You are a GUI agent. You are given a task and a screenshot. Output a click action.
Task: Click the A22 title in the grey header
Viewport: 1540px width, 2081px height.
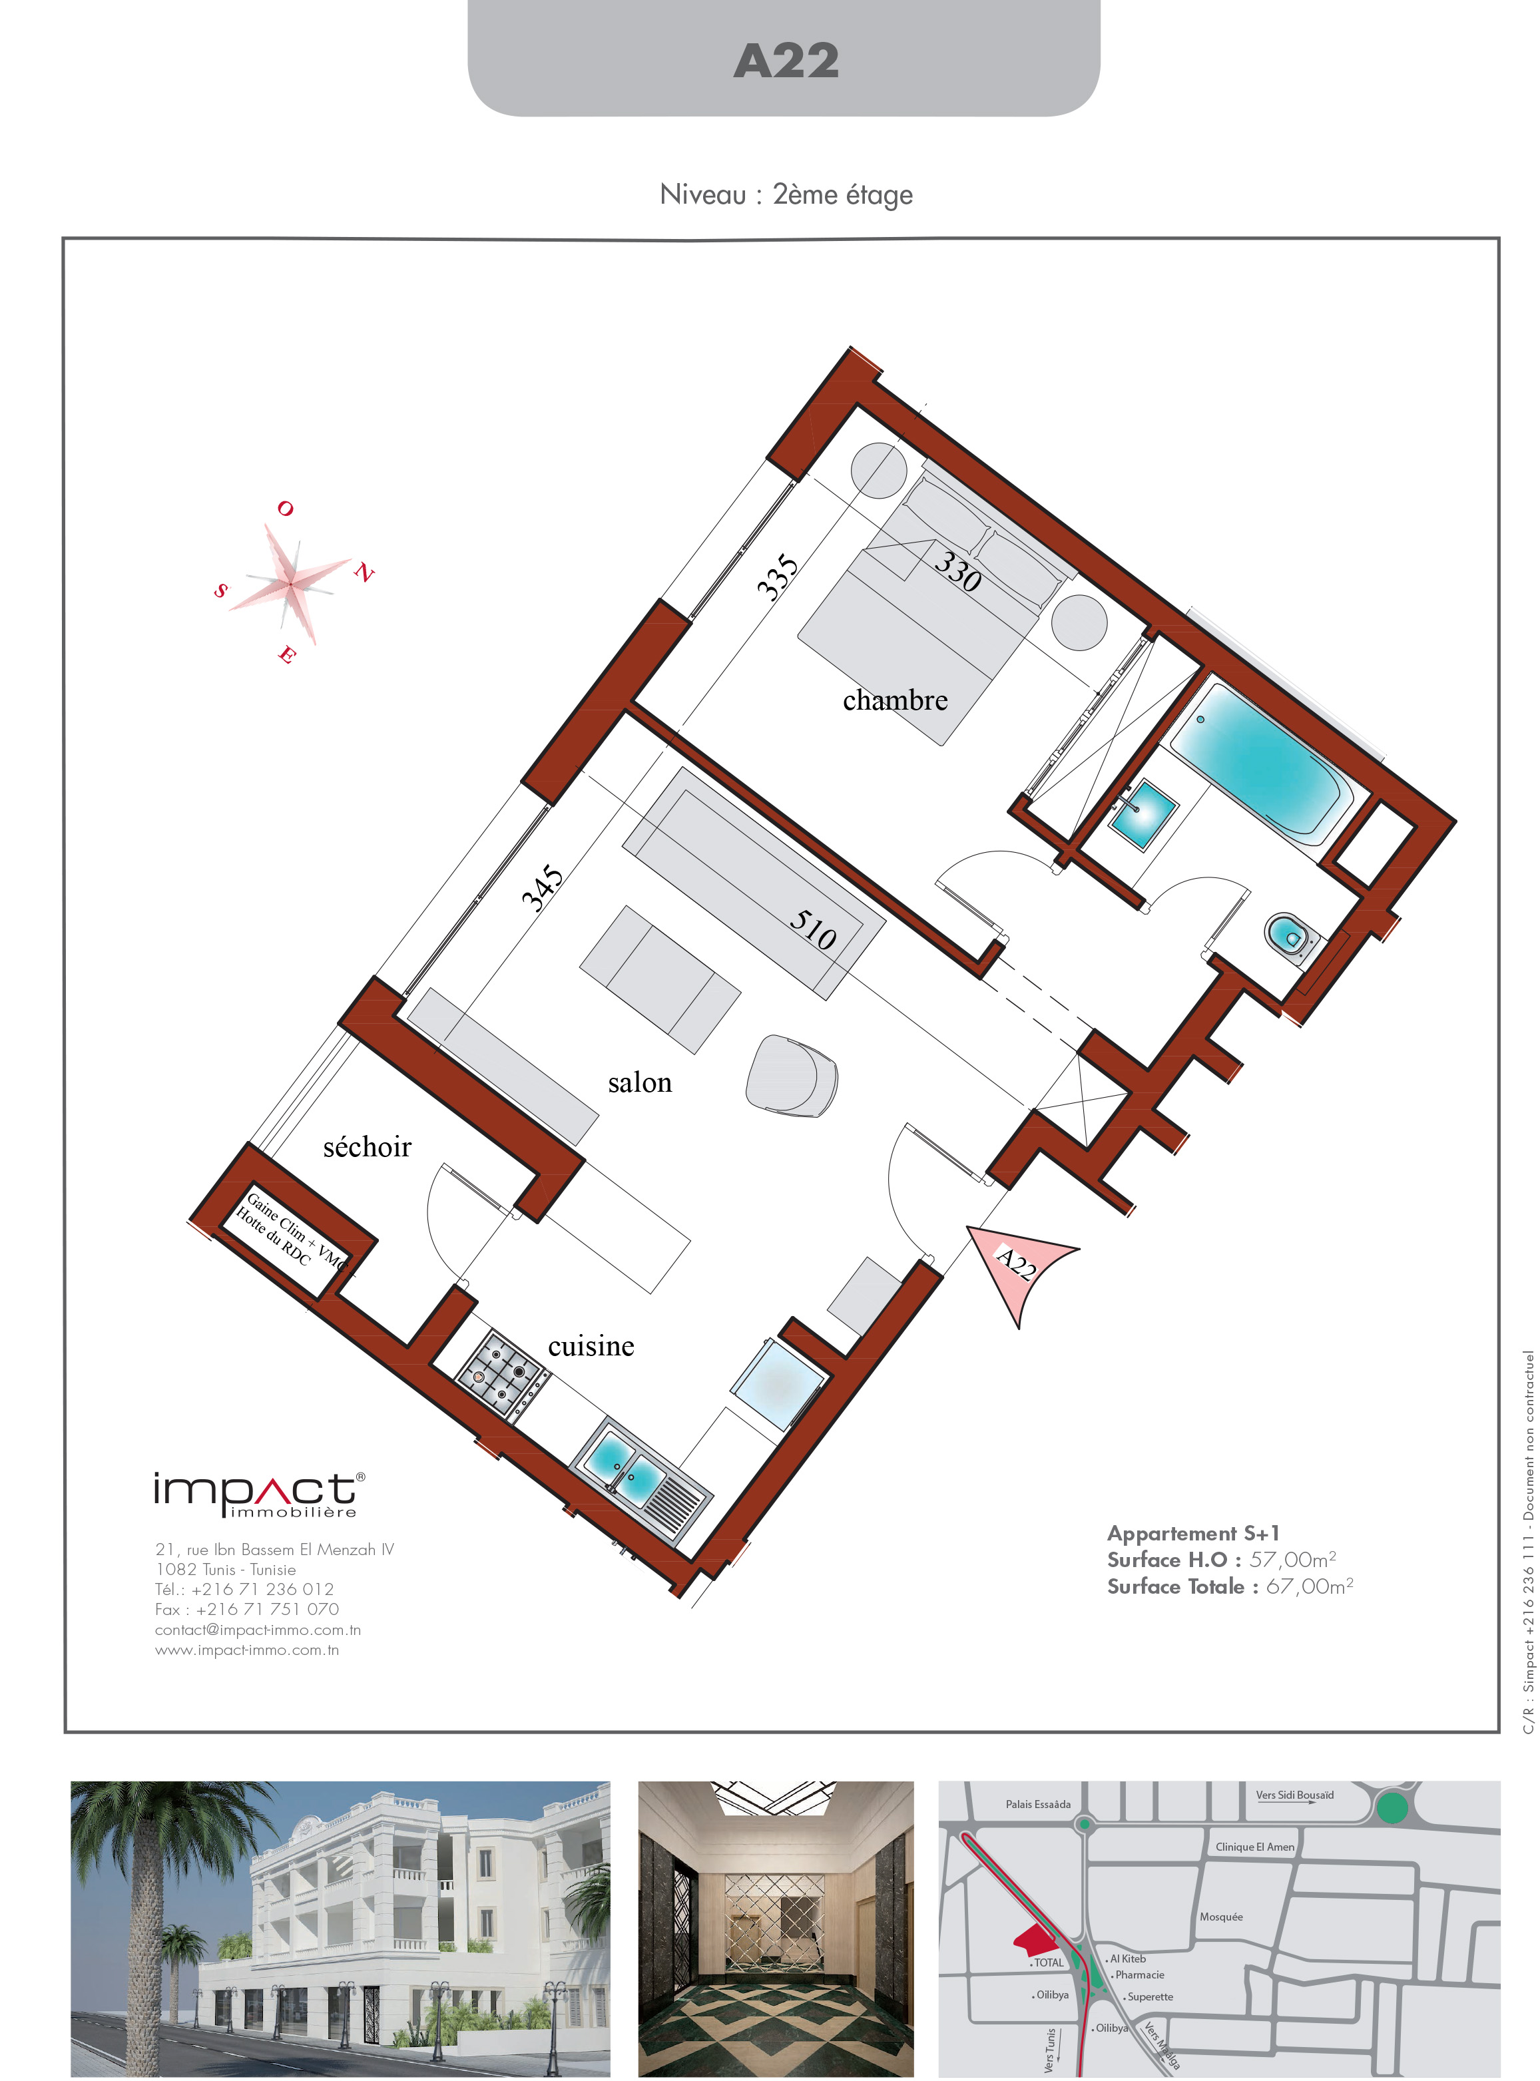[786, 61]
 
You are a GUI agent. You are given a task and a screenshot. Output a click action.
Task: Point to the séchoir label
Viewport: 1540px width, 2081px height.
[368, 1146]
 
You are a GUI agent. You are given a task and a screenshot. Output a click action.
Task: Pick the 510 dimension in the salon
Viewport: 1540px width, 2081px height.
[813, 929]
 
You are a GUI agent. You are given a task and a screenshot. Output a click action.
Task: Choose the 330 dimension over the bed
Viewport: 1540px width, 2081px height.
[958, 571]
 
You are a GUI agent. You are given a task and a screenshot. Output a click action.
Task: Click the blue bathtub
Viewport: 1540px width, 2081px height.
[1261, 757]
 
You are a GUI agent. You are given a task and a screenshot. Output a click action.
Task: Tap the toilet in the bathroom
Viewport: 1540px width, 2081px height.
[1291, 935]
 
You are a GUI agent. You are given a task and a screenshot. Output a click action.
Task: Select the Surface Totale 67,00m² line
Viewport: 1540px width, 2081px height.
[1230, 1586]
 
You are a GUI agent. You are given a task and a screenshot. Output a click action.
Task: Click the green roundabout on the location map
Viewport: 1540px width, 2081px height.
[1391, 1809]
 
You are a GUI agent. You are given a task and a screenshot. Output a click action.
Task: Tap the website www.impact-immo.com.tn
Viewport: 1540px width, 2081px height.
[247, 1650]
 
